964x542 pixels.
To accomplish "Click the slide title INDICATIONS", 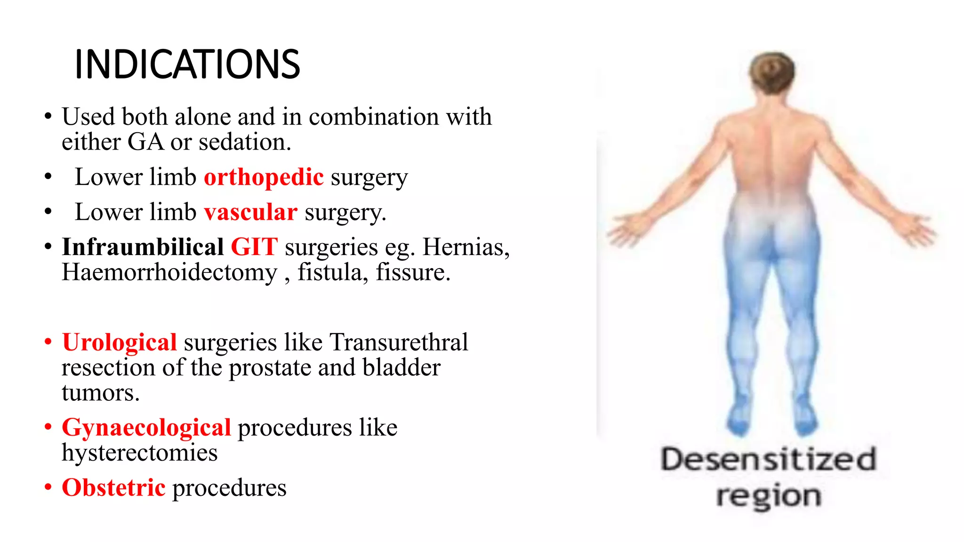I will (x=187, y=64).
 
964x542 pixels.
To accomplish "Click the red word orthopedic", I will (x=264, y=177).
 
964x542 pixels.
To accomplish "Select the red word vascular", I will (x=250, y=212).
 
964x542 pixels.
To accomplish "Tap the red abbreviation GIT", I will (x=254, y=247).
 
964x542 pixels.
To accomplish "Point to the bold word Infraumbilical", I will (x=143, y=247).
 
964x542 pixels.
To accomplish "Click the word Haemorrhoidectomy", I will (x=169, y=273).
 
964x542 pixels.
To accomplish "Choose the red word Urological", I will (x=120, y=343).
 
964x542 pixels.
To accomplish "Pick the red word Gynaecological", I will (x=146, y=428).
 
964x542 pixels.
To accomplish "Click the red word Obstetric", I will (x=113, y=488).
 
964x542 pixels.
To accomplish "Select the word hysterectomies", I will (x=140, y=453).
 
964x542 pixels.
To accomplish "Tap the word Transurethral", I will (x=399, y=343).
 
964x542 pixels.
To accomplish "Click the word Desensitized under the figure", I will (x=768, y=460).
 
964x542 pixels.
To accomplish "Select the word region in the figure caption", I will (x=768, y=496).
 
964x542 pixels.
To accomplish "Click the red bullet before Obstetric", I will (x=48, y=487).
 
